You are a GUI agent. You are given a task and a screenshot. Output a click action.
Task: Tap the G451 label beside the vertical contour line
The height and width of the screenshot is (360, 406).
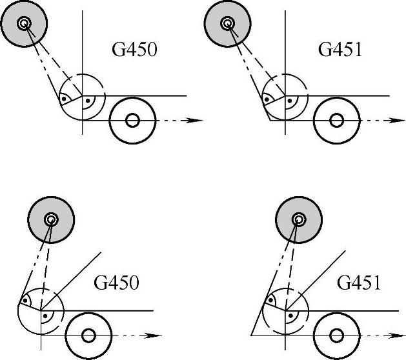click(340, 50)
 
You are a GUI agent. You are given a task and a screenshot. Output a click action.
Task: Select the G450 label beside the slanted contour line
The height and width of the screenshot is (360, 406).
click(117, 283)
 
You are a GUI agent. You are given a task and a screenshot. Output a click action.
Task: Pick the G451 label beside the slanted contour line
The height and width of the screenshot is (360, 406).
click(360, 283)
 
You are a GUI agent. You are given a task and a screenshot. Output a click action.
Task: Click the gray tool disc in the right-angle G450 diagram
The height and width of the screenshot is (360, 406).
click(24, 25)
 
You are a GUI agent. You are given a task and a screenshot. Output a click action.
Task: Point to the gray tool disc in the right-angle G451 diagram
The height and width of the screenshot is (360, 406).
click(227, 25)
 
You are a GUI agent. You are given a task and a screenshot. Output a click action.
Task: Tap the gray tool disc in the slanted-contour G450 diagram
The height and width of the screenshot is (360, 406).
click(51, 220)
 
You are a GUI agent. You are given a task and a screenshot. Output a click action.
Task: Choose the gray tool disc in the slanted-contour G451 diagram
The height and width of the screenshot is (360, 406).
click(298, 220)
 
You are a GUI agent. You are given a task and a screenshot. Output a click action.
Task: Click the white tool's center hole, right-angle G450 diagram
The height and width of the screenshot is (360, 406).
click(133, 120)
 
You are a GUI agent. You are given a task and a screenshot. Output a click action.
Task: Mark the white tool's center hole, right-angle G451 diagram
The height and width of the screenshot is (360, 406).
click(336, 120)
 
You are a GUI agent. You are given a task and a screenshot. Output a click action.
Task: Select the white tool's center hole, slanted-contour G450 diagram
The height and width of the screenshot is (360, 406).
click(88, 335)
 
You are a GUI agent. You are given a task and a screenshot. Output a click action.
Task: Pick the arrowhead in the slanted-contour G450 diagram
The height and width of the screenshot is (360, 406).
click(156, 335)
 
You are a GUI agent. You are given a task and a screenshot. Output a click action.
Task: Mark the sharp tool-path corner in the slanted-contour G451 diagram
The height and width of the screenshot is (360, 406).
click(250, 335)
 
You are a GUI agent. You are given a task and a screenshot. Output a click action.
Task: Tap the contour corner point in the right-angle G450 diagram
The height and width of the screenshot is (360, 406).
click(83, 95)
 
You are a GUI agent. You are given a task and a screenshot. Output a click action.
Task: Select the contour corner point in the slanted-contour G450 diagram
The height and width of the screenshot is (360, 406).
click(41, 310)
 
